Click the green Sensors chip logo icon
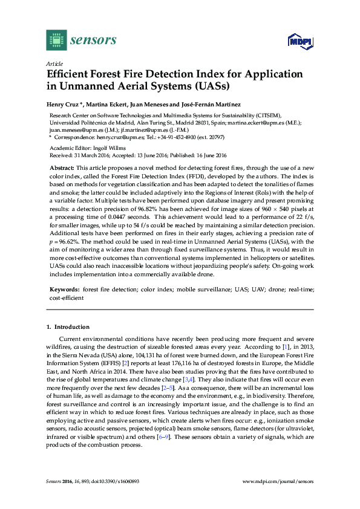56,41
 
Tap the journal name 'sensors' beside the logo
93,41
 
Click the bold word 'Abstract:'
62,166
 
